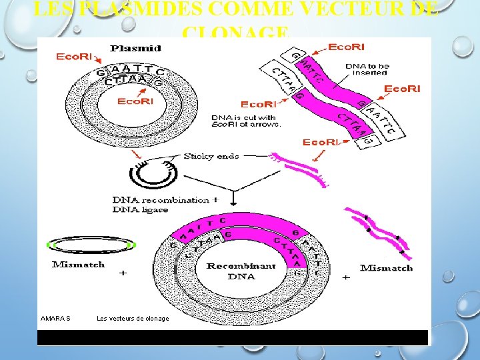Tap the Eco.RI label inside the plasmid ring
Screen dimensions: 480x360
tap(135, 101)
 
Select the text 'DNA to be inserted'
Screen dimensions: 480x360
tap(368, 69)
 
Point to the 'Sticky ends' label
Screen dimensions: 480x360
tap(210, 157)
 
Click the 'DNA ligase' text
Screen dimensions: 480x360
tap(140, 210)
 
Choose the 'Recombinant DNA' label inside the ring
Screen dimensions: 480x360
tap(241, 271)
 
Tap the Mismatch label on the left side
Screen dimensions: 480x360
tap(78, 265)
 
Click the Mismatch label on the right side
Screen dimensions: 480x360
tap(386, 268)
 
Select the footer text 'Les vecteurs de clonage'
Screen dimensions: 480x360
tap(133, 319)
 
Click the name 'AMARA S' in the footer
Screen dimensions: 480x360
tap(55, 319)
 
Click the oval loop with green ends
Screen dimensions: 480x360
tap(92, 245)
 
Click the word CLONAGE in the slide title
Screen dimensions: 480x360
tap(235, 32)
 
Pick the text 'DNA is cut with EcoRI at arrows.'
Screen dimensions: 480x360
tap(247, 121)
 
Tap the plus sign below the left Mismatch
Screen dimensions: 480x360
tap(123, 273)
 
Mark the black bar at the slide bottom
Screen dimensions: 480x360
tap(233, 337)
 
